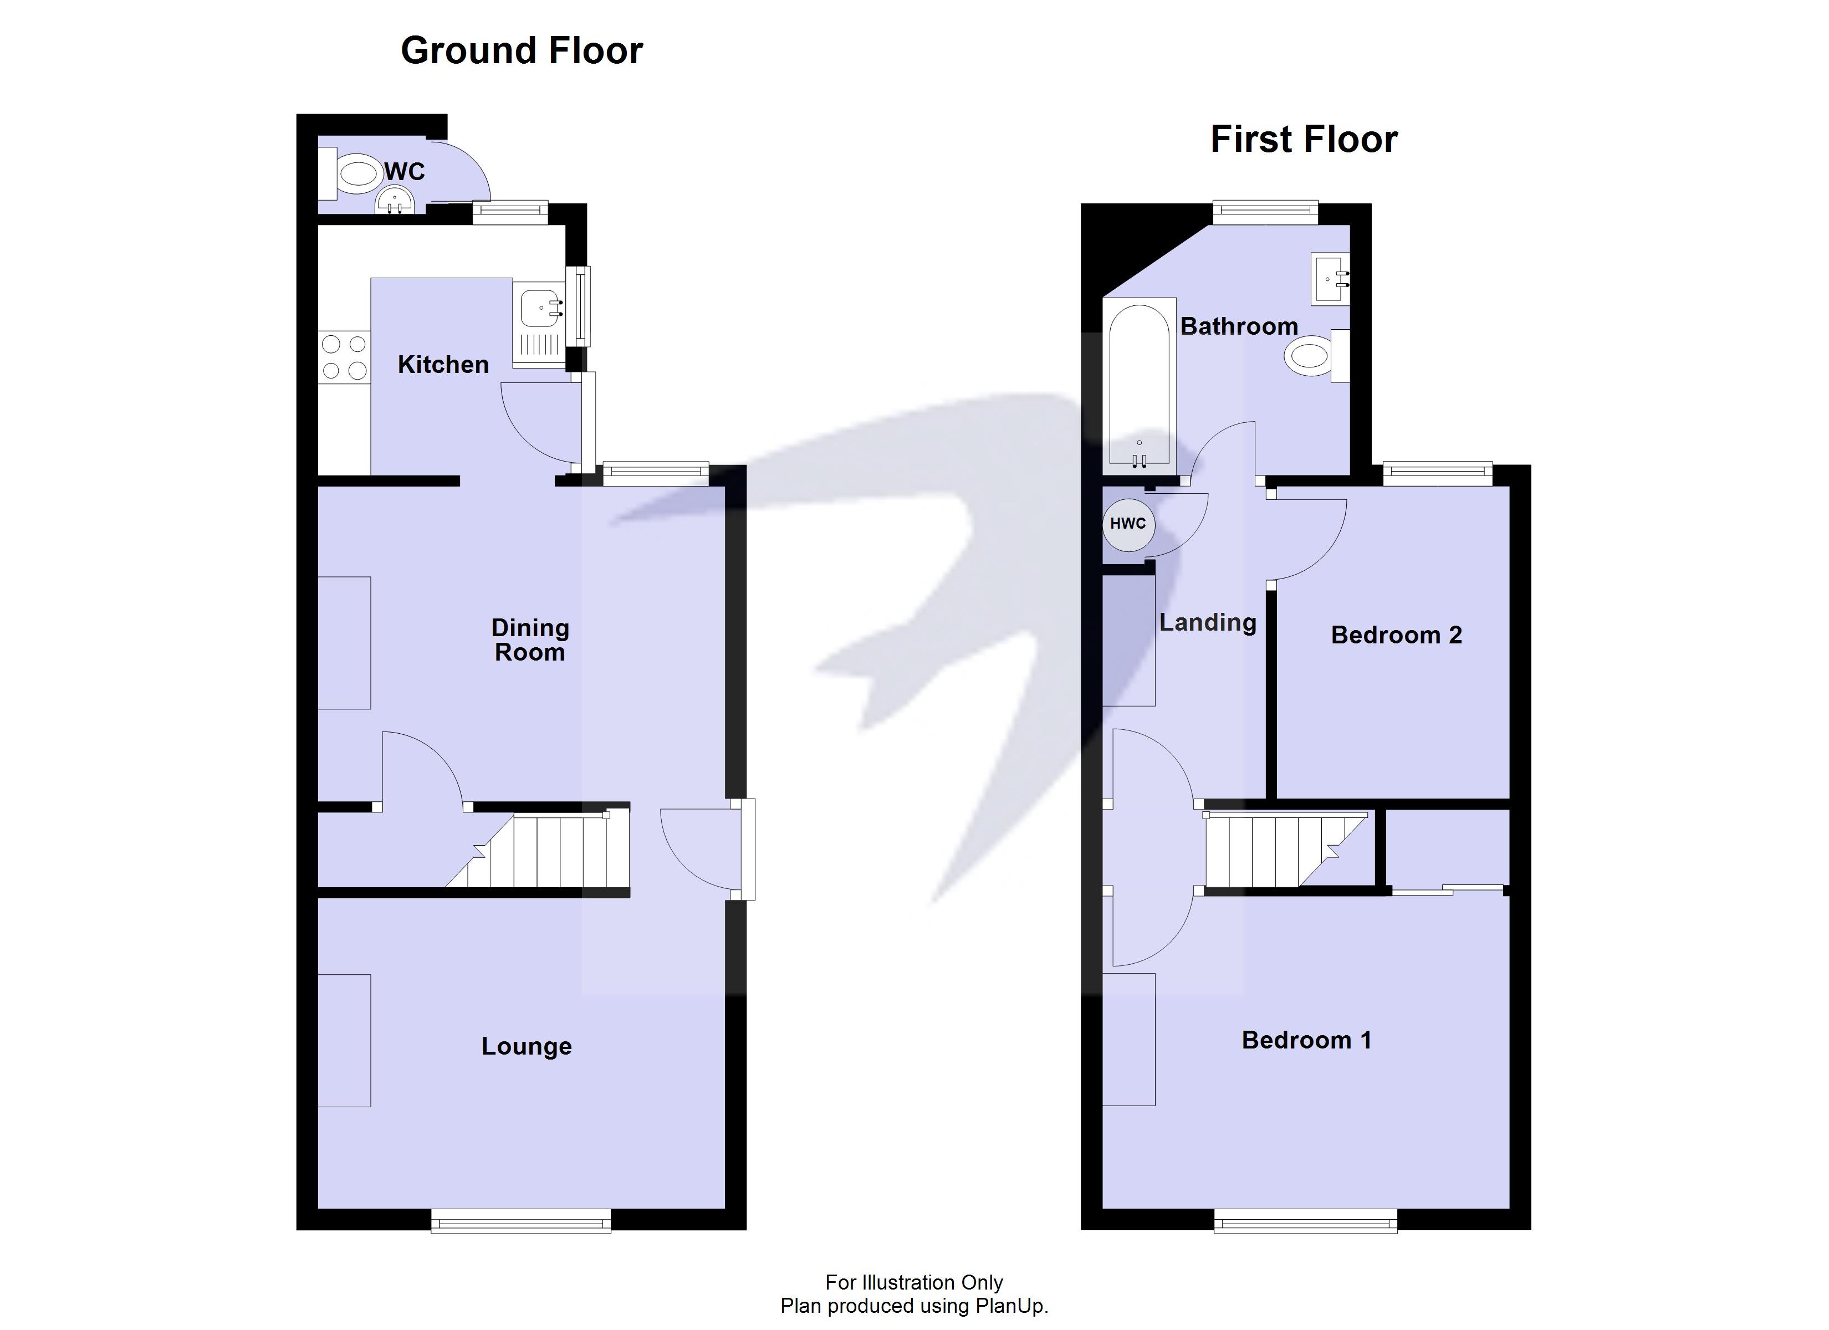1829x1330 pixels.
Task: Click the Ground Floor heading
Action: [521, 51]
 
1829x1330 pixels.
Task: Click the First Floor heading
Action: [1303, 140]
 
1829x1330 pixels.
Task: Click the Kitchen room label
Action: [443, 365]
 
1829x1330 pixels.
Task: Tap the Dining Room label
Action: [530, 640]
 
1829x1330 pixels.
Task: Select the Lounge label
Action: [527, 1046]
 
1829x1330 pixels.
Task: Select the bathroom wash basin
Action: [1330, 279]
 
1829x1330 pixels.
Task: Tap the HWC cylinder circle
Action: [1127, 524]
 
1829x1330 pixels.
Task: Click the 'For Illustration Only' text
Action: [914, 1282]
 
